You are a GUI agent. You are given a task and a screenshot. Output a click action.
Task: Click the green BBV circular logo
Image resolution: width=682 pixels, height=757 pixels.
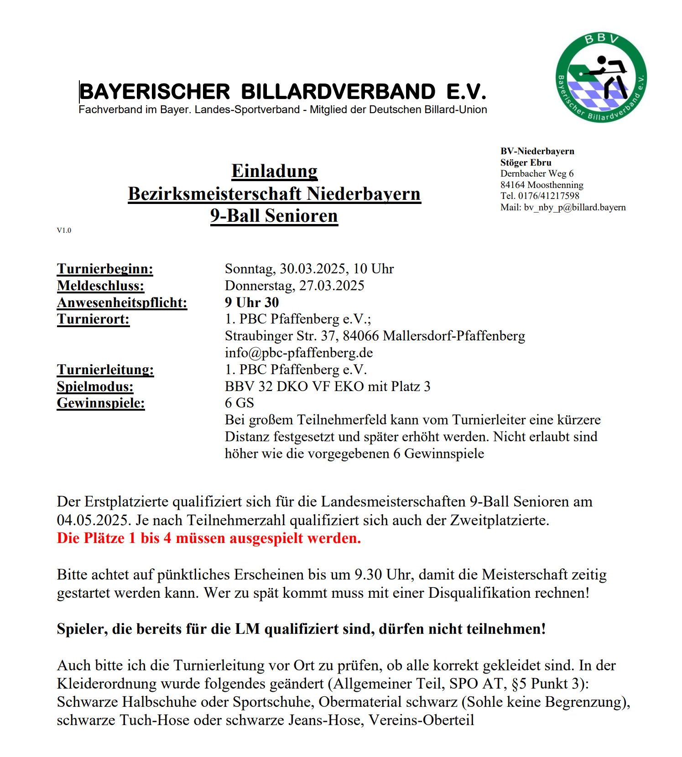(601, 77)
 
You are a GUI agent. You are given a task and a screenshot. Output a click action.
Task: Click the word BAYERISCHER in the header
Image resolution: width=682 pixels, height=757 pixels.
(155, 92)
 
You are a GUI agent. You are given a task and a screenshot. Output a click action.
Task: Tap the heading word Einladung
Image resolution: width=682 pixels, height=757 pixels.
(274, 171)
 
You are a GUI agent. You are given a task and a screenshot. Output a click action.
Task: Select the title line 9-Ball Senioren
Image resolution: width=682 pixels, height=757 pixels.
(274, 216)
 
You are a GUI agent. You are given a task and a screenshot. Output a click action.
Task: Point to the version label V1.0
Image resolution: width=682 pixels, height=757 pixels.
(64, 230)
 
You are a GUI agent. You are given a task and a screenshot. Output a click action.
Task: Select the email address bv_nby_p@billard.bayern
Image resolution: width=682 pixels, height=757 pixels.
(574, 207)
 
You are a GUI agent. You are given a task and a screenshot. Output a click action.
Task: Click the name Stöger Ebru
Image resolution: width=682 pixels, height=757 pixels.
(526, 162)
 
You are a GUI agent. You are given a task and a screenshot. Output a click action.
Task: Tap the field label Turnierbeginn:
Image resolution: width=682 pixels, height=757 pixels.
(105, 269)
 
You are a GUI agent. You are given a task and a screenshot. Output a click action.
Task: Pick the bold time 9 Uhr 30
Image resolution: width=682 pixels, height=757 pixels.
(251, 303)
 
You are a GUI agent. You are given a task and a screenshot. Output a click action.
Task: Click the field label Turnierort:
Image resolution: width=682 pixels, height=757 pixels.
(93, 319)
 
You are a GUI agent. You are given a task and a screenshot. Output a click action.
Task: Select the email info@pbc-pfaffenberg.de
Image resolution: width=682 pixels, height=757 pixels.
(299, 353)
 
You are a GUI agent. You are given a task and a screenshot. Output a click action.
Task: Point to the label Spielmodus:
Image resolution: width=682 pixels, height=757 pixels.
(95, 386)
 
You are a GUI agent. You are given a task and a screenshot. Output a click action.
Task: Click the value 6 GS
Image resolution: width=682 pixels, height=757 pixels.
(239, 403)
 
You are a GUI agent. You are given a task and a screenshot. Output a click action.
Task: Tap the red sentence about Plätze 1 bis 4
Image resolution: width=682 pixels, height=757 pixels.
(208, 538)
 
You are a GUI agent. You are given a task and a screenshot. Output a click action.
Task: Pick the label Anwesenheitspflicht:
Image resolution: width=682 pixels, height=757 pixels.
(122, 303)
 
